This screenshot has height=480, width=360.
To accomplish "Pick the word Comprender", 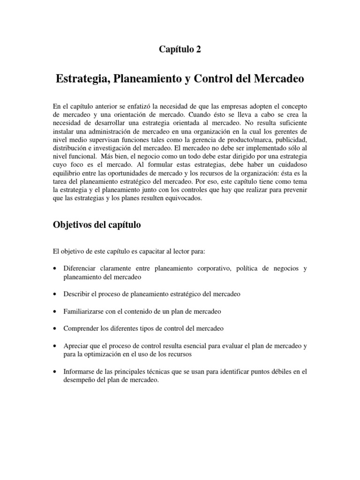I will pyautogui.click(x=81, y=329).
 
